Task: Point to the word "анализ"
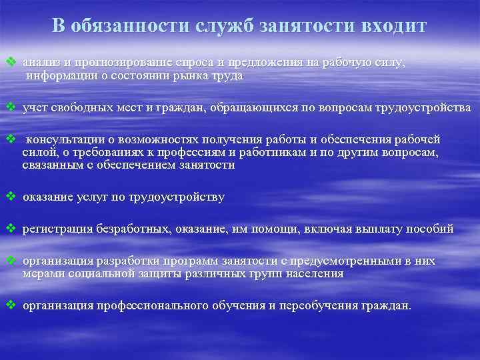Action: point(39,63)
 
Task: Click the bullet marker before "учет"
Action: point(10,107)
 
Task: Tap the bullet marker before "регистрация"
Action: point(10,229)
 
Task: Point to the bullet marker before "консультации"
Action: point(10,139)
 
